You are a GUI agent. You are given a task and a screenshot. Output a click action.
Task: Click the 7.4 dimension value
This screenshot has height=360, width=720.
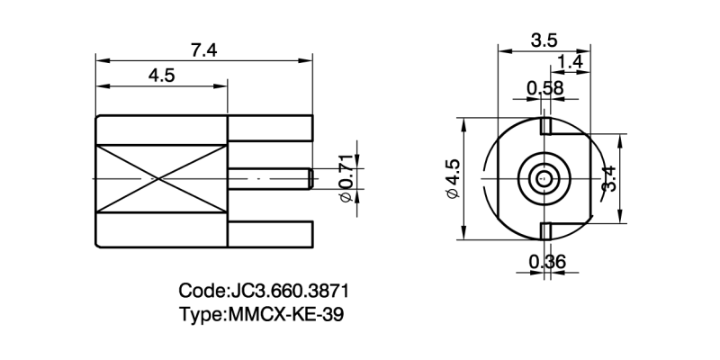coord(204,50)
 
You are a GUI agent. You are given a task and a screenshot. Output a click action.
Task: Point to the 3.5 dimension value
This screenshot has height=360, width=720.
coord(543,40)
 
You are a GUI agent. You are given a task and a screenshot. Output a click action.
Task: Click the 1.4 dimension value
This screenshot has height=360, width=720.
coord(571,62)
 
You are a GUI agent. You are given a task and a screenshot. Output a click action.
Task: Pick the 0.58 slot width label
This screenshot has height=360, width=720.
coord(544,87)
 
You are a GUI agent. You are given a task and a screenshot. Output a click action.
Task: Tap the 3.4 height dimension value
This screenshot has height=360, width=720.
coord(609,178)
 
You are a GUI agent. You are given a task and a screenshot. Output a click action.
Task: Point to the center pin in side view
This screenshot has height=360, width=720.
coord(270,178)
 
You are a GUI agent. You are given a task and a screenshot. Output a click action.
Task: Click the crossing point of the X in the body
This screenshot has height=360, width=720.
coord(161,179)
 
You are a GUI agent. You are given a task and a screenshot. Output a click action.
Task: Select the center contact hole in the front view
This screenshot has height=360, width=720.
coord(543,178)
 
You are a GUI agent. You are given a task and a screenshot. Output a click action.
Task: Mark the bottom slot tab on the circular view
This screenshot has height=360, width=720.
coord(545,231)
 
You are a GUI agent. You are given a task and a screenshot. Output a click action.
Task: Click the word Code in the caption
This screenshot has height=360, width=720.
coord(202,292)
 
